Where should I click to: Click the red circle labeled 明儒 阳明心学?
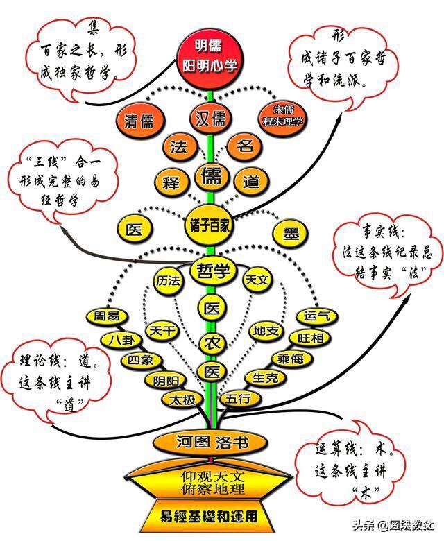pyautogui.click(x=210, y=56)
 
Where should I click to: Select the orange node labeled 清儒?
pyautogui.click(x=139, y=121)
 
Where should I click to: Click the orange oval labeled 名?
pyautogui.click(x=244, y=146)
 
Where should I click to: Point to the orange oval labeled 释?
pyautogui.click(x=171, y=182)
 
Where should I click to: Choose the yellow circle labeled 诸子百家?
pyautogui.click(x=210, y=226)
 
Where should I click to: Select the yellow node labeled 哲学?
pyautogui.click(x=213, y=270)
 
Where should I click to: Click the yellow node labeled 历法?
pyautogui.click(x=168, y=281)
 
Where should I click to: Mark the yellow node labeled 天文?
pyautogui.click(x=257, y=280)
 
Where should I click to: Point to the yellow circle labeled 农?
pyautogui.click(x=212, y=343)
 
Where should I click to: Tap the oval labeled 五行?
pyautogui.click(x=239, y=399)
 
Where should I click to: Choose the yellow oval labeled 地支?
pyautogui.click(x=266, y=332)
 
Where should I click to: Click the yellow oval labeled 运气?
pyautogui.click(x=317, y=316)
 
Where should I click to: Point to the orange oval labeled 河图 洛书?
pyautogui.click(x=210, y=443)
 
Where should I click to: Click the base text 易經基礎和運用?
pyautogui.click(x=209, y=517)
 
